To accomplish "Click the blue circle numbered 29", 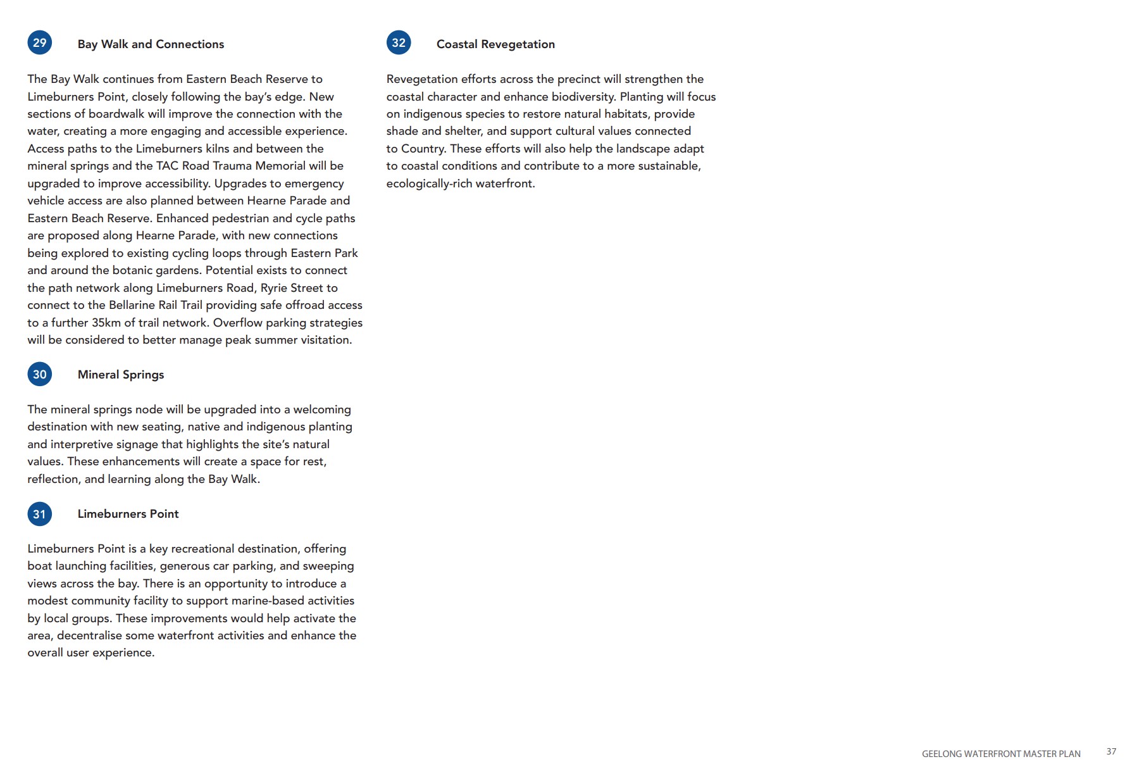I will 39,43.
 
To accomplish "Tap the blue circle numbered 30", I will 39,374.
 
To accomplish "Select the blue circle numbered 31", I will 39,514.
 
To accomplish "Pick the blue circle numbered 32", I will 399,43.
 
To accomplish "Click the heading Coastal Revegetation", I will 495,44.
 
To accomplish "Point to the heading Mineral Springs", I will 121,375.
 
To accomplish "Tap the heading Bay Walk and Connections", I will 151,44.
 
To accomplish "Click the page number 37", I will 1111,751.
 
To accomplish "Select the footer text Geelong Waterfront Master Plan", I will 1001,754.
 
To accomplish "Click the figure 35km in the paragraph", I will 106,323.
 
